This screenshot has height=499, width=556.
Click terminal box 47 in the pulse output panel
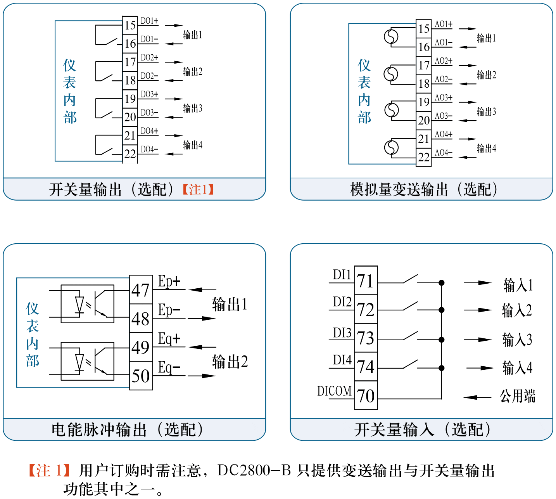[x=141, y=290]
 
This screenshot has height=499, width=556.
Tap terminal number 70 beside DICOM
[x=366, y=396]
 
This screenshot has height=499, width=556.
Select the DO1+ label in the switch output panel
[x=149, y=21]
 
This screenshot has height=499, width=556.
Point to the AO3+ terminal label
[x=443, y=98]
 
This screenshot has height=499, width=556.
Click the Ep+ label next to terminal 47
[x=169, y=281]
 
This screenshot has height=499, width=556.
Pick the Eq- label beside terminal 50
[x=169, y=367]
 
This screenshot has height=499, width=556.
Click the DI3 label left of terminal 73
[x=342, y=333]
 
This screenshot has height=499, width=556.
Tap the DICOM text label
[x=334, y=391]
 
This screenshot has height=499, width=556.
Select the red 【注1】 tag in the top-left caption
[x=198, y=190]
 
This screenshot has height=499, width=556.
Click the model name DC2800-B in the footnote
[x=254, y=471]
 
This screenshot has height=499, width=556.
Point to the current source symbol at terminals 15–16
[x=391, y=37]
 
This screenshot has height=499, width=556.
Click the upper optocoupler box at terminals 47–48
[x=88, y=304]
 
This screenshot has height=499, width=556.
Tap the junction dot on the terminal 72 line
[x=441, y=310]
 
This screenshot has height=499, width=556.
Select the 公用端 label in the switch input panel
[x=517, y=397]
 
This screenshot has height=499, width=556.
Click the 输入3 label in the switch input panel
[x=517, y=340]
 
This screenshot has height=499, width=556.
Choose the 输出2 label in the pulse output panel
[x=230, y=362]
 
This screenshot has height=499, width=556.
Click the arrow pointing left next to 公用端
[x=477, y=397]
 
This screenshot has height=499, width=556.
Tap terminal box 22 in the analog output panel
[x=424, y=158]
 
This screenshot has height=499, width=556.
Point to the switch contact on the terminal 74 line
[x=410, y=364]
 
